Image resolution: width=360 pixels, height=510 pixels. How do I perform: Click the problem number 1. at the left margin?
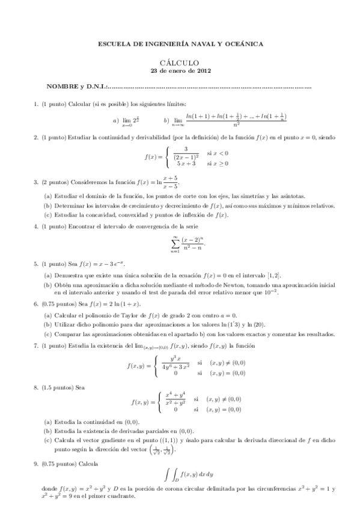(x=36, y=105)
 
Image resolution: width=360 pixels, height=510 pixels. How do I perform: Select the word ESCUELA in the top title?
(x=114, y=43)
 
